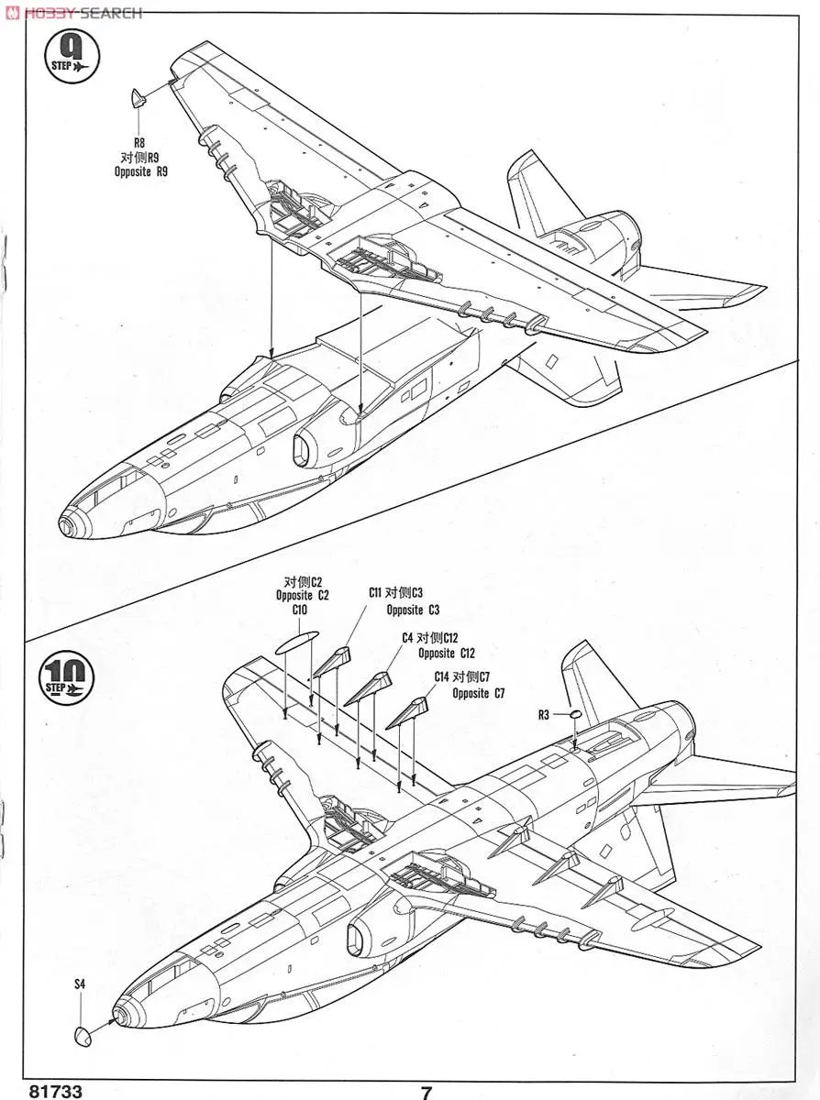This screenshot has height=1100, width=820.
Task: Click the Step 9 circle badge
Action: pos(70,58)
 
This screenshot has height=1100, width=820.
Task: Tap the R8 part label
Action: pos(139,143)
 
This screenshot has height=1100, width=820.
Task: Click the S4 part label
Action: pos(80,984)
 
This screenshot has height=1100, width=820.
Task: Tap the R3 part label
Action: pos(543,715)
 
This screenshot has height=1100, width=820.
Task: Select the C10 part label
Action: pos(300,610)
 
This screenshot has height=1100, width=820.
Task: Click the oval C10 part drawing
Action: pos(296,641)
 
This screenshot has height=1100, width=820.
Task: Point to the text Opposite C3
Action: pos(413,610)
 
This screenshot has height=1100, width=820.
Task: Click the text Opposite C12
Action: pos(447,653)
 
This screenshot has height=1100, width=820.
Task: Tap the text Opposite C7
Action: pos(478,694)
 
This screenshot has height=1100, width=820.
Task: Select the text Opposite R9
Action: pos(141,171)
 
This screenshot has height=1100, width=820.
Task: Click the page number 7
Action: pos(427,1092)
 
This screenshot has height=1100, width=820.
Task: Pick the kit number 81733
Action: pos(55,1092)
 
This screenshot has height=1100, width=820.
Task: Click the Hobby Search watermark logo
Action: pos(73,12)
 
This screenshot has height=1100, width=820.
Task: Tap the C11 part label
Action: pos(376,593)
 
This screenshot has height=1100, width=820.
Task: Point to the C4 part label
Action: pos(407,637)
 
